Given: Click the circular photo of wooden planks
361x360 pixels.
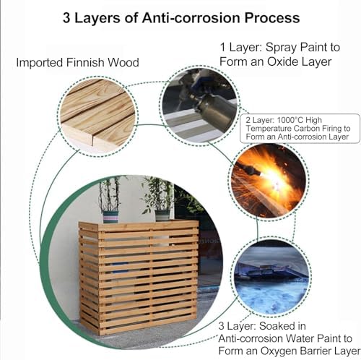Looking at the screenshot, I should click(97, 114).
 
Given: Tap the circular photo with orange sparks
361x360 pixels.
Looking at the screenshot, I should click(269, 181).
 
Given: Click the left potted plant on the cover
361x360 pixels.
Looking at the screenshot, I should click(110, 199).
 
